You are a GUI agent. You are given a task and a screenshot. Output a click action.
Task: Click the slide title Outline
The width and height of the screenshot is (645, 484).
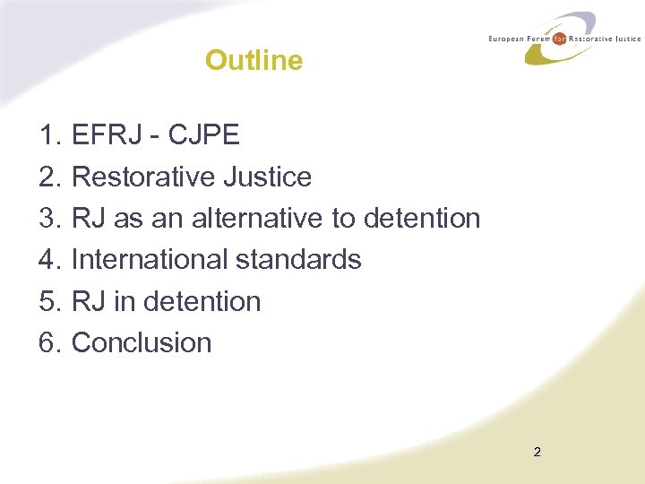coord(254,60)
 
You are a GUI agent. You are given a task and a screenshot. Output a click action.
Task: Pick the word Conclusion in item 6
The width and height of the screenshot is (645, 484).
coord(142,342)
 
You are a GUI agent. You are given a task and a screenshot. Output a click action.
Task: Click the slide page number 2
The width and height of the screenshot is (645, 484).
coord(537,452)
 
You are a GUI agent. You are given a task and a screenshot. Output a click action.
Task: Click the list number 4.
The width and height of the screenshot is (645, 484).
coord(50,259)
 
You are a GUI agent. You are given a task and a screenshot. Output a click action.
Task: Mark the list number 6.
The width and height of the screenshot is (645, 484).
coord(50,342)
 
